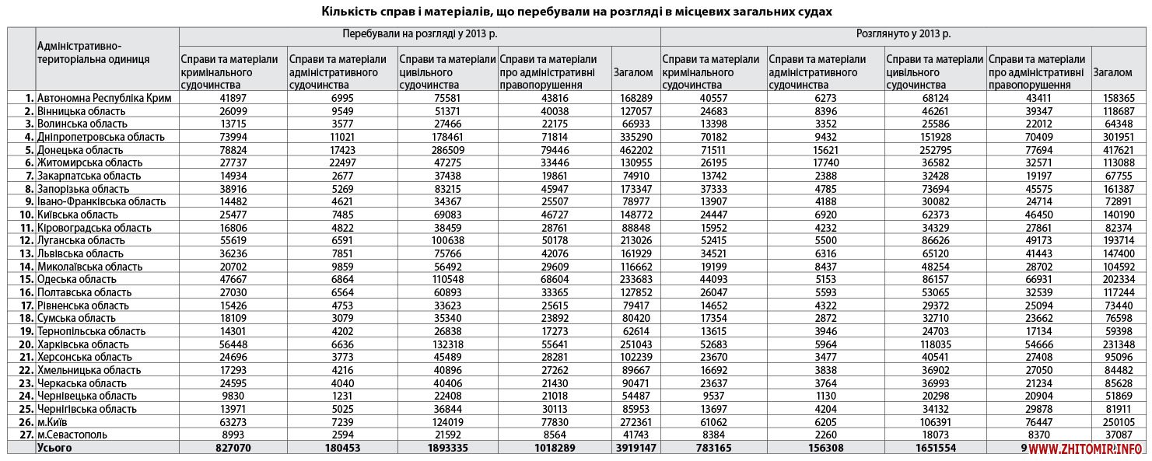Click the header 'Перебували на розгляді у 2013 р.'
pos(419,35)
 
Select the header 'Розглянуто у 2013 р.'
pos(902,35)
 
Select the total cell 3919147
pos(632,448)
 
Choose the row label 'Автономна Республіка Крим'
pos(104,98)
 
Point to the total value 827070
pos(233,448)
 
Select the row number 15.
pos(26,279)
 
